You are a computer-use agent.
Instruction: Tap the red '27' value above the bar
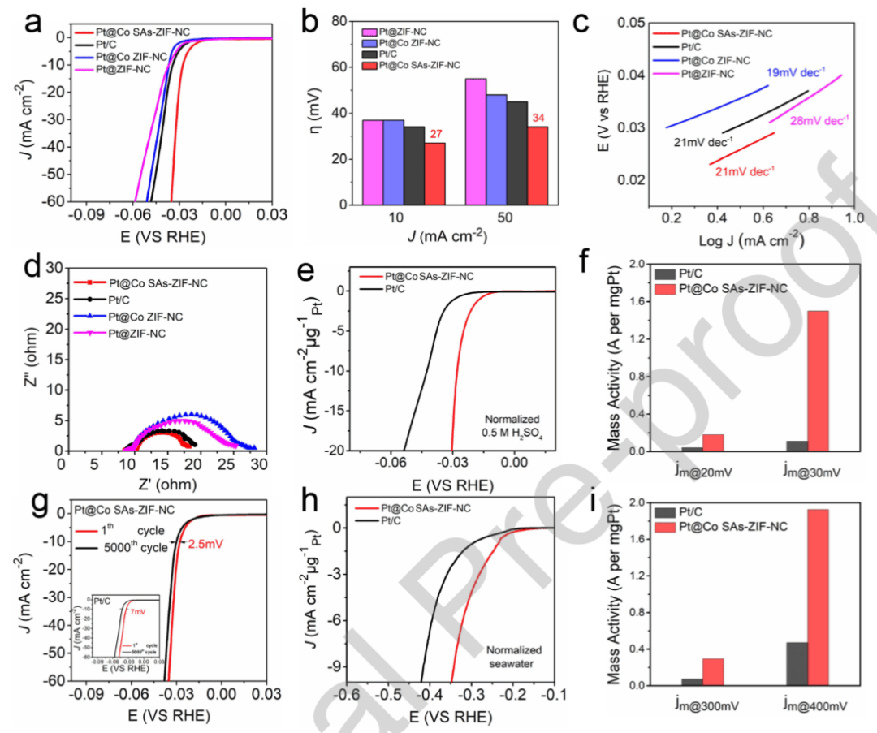434,135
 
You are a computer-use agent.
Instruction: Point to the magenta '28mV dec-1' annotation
818,120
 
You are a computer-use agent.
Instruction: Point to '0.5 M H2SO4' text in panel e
509,435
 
